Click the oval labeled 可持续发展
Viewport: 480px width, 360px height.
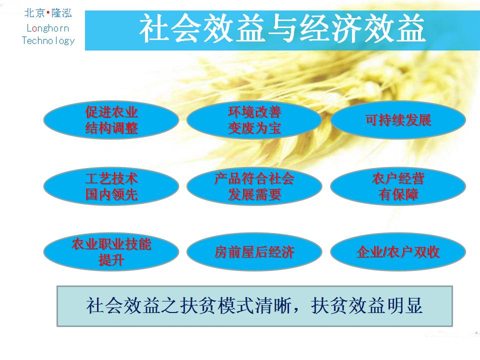398,120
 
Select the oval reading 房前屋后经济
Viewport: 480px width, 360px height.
254,252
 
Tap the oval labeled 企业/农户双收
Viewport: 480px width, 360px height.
398,252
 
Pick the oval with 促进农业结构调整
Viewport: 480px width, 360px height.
111,120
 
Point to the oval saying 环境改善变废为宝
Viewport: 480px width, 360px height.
254,120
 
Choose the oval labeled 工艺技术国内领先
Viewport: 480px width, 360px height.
111,186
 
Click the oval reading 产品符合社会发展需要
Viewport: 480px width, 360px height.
254,186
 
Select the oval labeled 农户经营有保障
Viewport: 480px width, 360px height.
398,186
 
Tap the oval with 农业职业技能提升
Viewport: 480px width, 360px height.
111,252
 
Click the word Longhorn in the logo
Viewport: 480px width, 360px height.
48,28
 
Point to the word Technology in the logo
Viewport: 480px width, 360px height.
48,40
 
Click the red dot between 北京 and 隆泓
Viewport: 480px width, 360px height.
48,12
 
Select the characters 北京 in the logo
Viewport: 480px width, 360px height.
34,13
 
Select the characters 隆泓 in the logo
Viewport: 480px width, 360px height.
61,13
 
